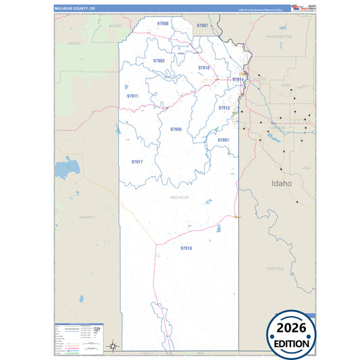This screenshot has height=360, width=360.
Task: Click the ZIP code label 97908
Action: click(162, 24)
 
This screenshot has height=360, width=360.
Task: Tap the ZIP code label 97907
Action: click(202, 25)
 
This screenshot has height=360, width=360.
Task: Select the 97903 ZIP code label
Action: click(159, 61)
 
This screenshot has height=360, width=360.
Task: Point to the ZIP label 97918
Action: click(204, 68)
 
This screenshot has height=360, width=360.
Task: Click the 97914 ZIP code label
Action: click(238, 80)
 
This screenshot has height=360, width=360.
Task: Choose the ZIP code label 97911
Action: click(132, 96)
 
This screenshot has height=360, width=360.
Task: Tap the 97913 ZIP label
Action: click(224, 108)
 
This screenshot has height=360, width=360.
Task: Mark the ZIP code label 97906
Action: click(176, 129)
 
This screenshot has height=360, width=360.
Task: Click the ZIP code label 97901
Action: click(223, 140)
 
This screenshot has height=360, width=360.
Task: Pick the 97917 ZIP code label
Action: click(137, 162)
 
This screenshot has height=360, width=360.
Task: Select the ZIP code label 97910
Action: click(186, 249)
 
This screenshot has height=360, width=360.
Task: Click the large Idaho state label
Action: click(281, 183)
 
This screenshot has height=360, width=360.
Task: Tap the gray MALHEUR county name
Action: click(179, 197)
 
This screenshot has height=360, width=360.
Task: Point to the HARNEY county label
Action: click(87, 217)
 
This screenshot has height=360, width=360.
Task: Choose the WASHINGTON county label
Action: click(278, 36)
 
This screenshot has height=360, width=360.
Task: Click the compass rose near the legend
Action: click(114, 346)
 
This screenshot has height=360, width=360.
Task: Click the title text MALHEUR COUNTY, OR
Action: click(76, 8)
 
